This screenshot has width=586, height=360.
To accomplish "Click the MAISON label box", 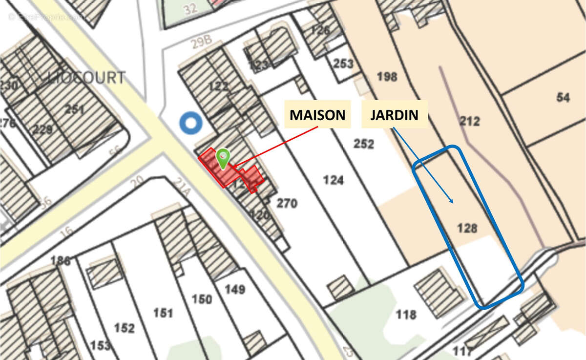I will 317,115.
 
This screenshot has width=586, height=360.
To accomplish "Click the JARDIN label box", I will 394,115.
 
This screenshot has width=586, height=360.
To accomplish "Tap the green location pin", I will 223,158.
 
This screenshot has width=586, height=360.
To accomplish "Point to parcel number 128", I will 467,228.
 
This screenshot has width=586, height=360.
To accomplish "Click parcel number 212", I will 470,121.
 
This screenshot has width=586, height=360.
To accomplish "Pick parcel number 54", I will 563,97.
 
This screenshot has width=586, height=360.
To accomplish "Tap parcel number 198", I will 387,76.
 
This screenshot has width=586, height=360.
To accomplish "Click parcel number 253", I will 343,64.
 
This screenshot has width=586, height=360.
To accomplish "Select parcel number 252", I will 364,144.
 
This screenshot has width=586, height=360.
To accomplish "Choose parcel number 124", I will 334,180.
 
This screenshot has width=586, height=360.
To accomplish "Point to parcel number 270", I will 287,203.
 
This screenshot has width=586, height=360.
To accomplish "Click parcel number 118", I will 406,314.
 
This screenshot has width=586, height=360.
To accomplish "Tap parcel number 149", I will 234,289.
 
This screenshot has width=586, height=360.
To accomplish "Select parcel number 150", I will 202,299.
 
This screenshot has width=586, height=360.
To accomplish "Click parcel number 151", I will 163,313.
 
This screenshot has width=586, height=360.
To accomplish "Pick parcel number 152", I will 124,328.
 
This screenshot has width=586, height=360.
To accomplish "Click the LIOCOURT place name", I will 87,78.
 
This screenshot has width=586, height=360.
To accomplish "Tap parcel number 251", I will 74,108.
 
